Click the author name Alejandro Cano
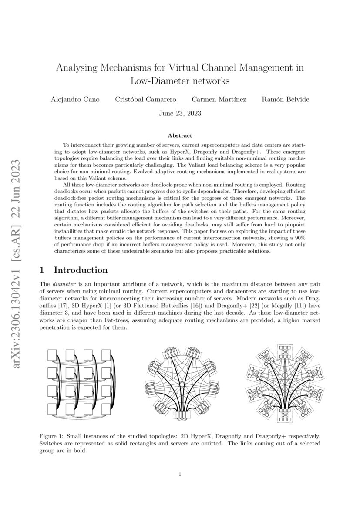[x=75, y=99]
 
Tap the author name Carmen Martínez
[x=219, y=99]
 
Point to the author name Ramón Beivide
[x=286, y=99]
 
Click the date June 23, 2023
[x=180, y=114]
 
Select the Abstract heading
[x=180, y=136]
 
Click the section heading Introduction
[x=81, y=270]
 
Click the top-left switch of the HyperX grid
[x=53, y=355]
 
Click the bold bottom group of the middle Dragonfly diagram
[x=180, y=415]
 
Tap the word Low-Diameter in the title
[x=159, y=81]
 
